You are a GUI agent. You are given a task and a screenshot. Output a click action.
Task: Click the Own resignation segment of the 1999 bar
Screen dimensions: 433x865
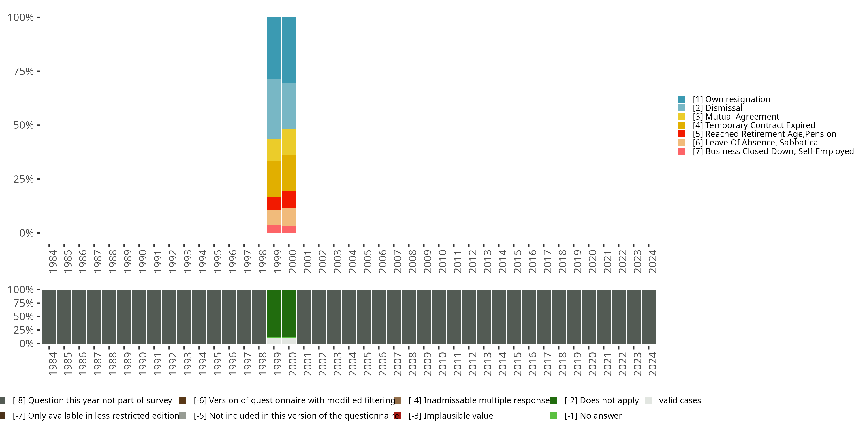(274, 48)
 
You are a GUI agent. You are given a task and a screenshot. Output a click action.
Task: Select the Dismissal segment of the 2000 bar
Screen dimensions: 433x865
(289, 106)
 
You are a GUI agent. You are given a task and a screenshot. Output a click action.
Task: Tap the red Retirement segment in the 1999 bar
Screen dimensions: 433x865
(274, 204)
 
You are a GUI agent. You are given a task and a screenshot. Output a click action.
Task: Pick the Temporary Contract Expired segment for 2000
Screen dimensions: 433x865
(289, 172)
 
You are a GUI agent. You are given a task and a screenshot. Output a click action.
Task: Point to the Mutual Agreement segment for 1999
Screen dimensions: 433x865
(274, 150)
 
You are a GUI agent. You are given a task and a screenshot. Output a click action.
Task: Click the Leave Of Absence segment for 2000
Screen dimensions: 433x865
(289, 217)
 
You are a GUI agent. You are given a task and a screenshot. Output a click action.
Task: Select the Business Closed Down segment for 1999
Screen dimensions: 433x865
(274, 229)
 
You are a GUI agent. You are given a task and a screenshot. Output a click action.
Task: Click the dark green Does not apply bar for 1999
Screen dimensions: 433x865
(274, 313)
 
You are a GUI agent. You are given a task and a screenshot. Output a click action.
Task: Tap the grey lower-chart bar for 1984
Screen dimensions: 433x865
(49, 316)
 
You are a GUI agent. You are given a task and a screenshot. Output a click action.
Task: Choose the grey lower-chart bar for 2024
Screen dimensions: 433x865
(648, 316)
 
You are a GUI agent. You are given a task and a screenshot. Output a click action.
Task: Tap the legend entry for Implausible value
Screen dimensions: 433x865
(451, 415)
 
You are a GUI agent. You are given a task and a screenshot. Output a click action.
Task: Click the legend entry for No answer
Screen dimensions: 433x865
(593, 415)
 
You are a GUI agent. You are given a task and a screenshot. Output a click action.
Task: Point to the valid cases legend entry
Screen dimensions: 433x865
(679, 400)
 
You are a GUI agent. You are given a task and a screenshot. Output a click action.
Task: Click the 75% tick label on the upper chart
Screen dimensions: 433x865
(24, 71)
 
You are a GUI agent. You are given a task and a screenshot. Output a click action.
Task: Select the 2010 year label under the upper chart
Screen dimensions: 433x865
(443, 261)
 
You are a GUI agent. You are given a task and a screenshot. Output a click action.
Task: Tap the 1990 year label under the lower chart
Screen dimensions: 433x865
(143, 364)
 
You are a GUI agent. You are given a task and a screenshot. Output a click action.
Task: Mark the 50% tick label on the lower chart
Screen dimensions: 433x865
(24, 316)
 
